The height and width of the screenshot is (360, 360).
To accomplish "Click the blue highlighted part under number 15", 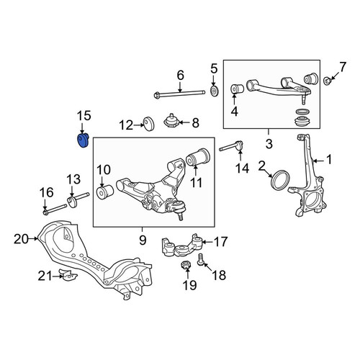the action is (x=83, y=141).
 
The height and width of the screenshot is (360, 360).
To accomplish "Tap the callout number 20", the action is (x=21, y=239).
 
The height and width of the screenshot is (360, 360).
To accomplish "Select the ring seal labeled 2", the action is (x=280, y=179).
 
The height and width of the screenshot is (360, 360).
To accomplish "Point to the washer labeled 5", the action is (x=214, y=91).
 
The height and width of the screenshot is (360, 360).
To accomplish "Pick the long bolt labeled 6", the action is (x=179, y=94).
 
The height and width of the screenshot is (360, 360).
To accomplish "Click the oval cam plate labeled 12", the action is (x=149, y=124).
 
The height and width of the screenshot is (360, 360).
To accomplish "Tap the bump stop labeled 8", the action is (x=171, y=122).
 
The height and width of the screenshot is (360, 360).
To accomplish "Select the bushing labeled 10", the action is (x=104, y=192).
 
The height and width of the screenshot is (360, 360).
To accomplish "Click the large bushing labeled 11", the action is (x=199, y=157).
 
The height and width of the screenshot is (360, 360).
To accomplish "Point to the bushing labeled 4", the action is (x=237, y=89).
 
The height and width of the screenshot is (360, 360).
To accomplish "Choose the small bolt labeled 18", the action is (x=201, y=261).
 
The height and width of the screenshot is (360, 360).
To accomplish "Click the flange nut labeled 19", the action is (x=186, y=266).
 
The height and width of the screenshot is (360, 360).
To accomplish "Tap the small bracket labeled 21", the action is (x=68, y=274).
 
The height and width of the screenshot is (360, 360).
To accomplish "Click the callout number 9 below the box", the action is (x=143, y=240).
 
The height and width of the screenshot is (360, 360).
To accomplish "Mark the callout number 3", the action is (x=269, y=144).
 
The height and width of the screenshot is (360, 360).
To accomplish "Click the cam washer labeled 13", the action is (x=72, y=202).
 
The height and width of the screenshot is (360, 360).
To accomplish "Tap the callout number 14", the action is (x=242, y=168).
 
